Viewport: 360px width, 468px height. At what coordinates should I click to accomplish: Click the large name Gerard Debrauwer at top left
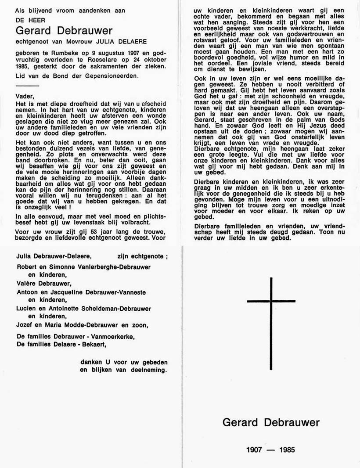pos(64,30)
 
